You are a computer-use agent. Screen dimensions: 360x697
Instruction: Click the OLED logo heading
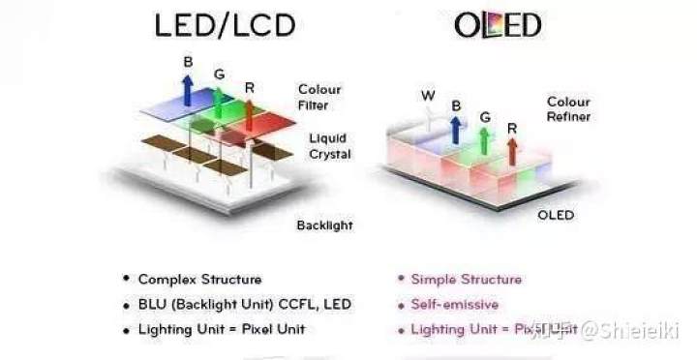pyautogui.click(x=498, y=26)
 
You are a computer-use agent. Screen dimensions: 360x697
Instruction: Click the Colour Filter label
pyautogui.click(x=319, y=98)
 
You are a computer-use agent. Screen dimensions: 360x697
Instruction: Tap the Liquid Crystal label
pyautogui.click(x=329, y=145)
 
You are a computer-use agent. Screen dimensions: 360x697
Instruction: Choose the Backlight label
pyautogui.click(x=324, y=225)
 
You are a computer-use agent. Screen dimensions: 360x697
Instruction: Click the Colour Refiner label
pyautogui.click(x=568, y=108)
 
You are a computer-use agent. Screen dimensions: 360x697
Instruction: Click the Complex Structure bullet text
pyautogui.click(x=199, y=279)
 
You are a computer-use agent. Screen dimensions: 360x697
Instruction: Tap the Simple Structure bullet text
pyautogui.click(x=467, y=279)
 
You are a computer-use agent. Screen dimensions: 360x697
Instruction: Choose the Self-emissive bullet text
pyautogui.click(x=455, y=304)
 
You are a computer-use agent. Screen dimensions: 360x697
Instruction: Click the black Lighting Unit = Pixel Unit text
pyautogui.click(x=222, y=329)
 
